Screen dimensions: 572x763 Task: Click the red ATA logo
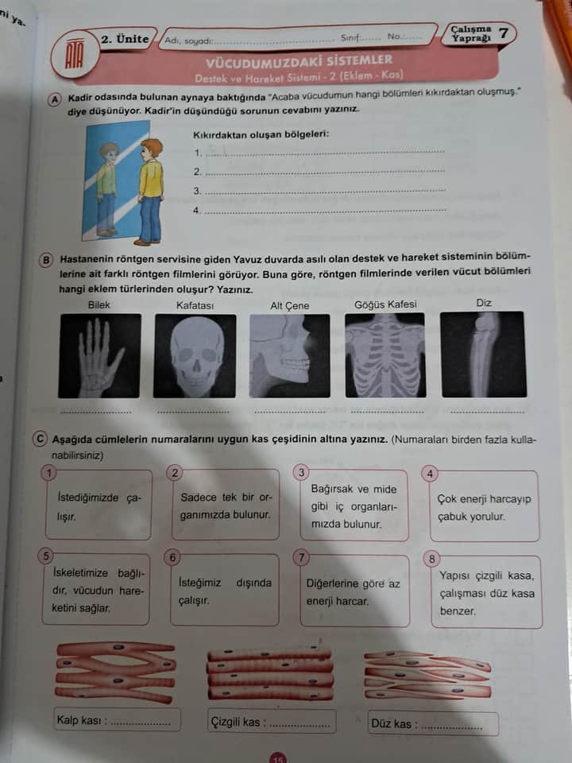pyautogui.click(x=75, y=52)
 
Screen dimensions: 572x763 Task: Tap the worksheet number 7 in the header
pyautogui.click(x=504, y=33)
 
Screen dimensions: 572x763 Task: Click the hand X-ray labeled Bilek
pyautogui.click(x=100, y=356)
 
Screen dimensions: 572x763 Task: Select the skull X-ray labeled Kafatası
pyautogui.click(x=195, y=356)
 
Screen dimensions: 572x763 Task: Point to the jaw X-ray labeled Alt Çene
pyautogui.click(x=290, y=356)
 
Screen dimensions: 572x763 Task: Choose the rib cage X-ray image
pyautogui.click(x=385, y=355)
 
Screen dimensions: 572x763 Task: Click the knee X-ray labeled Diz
pyautogui.click(x=484, y=354)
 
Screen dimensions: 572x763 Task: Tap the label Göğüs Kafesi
pyautogui.click(x=385, y=304)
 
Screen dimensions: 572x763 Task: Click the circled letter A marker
pyautogui.click(x=55, y=99)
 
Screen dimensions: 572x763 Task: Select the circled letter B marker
pyautogui.click(x=46, y=260)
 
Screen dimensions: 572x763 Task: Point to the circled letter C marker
pyautogui.click(x=40, y=439)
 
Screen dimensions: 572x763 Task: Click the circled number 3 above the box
pyautogui.click(x=301, y=472)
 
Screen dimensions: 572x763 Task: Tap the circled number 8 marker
pyautogui.click(x=431, y=559)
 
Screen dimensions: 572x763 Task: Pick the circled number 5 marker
pyautogui.click(x=46, y=556)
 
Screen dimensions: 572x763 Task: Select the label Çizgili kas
pyautogui.click(x=235, y=722)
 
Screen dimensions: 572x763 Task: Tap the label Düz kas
pyautogui.click(x=392, y=723)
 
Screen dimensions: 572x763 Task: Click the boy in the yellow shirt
pyautogui.click(x=150, y=192)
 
